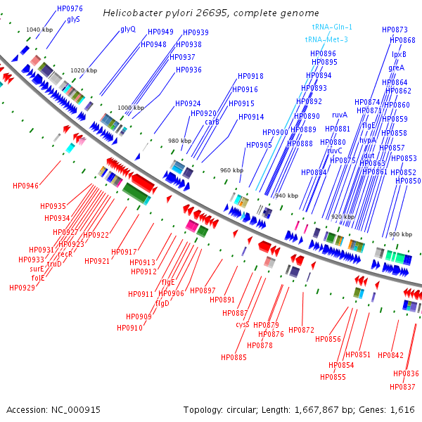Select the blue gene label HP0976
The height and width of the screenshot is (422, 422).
(x=70, y=8)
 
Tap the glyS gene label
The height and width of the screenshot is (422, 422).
(x=73, y=19)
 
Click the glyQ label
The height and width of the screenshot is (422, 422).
(x=128, y=30)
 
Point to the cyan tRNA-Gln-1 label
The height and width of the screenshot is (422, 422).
(x=332, y=27)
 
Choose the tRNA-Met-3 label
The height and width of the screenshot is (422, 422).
(x=326, y=40)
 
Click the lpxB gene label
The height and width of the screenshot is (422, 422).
(x=399, y=54)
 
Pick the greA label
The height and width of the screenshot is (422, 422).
(x=397, y=68)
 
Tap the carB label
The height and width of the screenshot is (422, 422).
(x=212, y=122)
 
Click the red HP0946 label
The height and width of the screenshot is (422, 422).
(x=25, y=186)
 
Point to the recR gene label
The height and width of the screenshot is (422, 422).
(x=65, y=254)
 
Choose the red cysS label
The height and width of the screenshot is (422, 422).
(x=242, y=324)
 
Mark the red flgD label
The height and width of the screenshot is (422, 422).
(x=162, y=304)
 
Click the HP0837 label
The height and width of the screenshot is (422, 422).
(x=402, y=387)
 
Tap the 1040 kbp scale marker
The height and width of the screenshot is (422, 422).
(x=39, y=30)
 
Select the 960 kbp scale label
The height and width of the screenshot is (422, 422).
(x=231, y=171)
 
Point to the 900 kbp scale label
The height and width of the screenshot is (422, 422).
(x=400, y=234)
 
